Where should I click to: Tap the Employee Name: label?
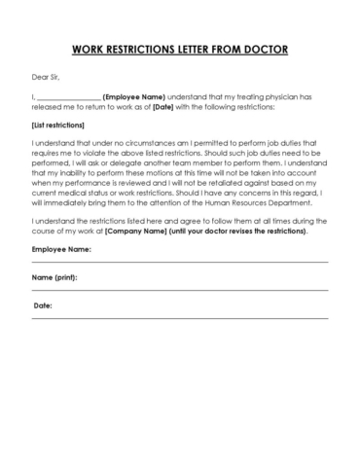(61, 251)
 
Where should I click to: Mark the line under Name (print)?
(180, 292)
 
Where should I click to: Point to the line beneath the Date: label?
(180, 320)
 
